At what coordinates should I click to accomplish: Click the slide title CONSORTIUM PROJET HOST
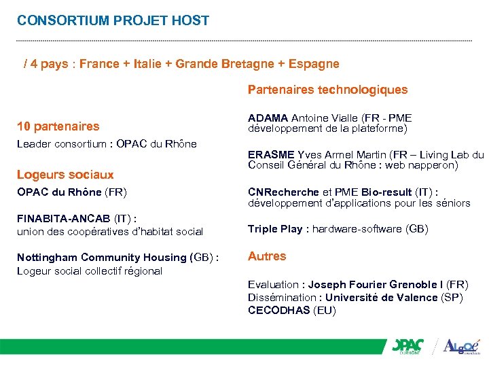pos(113,20)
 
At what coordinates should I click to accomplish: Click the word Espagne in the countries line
pos(313,64)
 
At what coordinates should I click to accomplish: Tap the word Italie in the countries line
pos(154,64)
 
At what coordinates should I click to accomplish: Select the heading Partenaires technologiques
pos(327,90)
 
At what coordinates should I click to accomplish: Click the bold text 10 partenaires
pos(58,126)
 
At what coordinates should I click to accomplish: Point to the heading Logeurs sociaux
pos(65,175)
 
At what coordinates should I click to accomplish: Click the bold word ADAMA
pos(268,118)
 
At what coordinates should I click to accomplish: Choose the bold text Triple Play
pos(275,229)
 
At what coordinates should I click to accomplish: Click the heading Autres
pos(267,256)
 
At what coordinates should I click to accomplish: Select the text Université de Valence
pos(381,298)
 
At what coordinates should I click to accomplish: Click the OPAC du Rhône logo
pos(407,347)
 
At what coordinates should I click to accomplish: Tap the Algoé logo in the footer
pos(460,347)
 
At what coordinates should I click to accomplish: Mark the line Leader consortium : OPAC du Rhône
pos(107,143)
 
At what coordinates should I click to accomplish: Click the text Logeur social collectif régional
pos(89,271)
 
